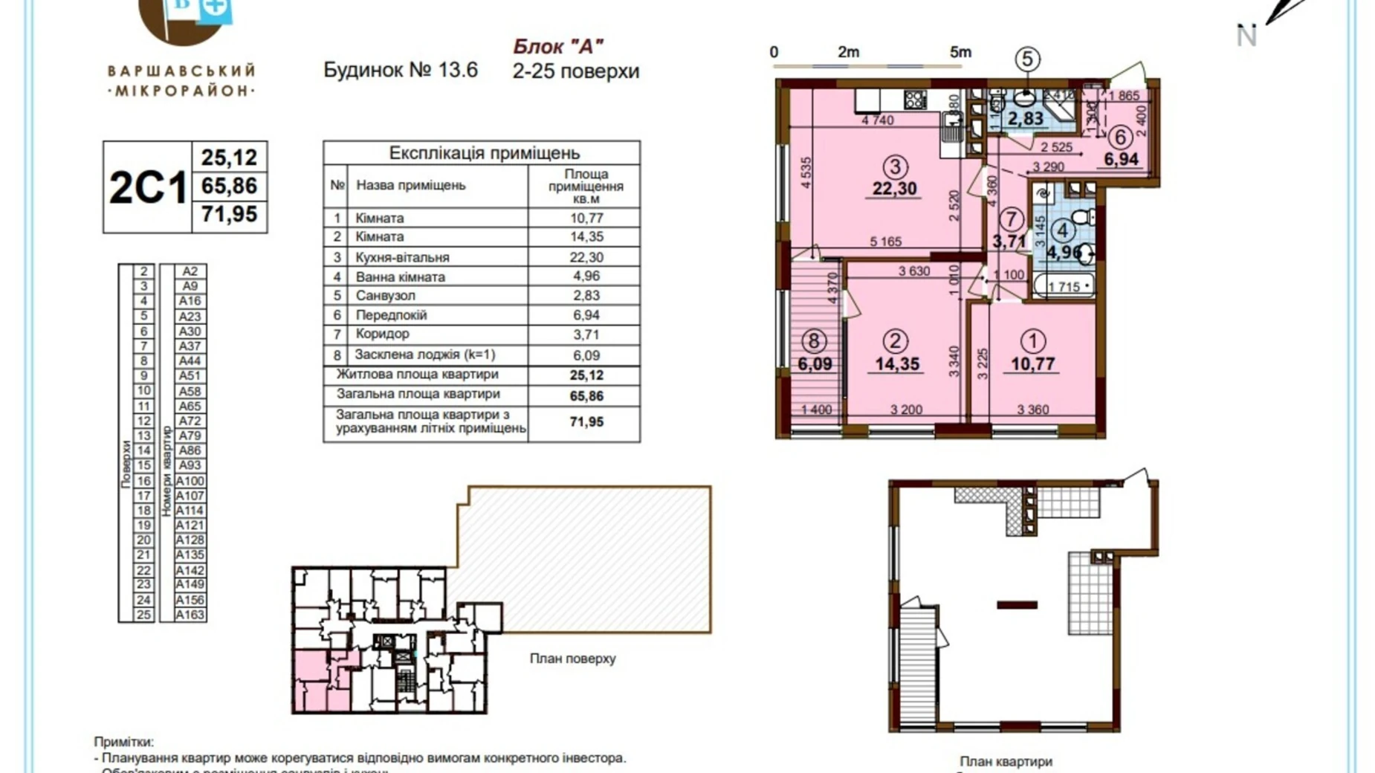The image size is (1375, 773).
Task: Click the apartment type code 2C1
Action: tap(147, 187)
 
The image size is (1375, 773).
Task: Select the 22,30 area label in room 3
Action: tap(894, 189)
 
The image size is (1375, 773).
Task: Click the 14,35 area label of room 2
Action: tap(896, 364)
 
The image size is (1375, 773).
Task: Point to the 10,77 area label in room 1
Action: tap(1032, 364)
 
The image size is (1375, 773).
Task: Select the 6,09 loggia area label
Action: tap(815, 364)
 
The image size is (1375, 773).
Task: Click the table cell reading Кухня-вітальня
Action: tap(402, 257)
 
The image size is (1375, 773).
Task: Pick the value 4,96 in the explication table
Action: tap(586, 276)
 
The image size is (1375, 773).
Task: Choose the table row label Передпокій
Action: tap(391, 315)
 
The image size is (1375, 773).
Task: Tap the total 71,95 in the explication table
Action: tap(586, 421)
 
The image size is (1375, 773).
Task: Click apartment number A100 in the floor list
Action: tap(190, 481)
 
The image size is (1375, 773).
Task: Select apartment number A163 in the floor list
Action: tap(190, 615)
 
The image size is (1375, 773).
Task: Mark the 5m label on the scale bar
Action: tap(960, 52)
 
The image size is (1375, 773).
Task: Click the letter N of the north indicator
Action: tap(1246, 36)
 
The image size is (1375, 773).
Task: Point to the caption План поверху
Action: tap(572, 659)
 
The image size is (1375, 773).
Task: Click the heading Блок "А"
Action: tap(557, 46)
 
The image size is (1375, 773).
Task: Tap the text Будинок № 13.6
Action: tap(400, 71)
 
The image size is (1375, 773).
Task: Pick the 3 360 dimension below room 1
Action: tap(1032, 410)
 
